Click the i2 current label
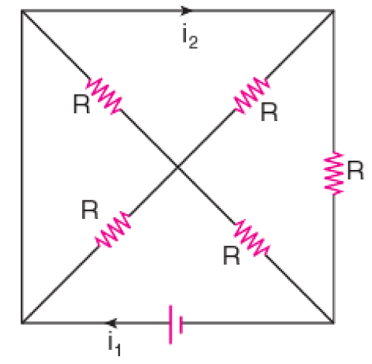[x=190, y=36]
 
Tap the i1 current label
[x=115, y=343]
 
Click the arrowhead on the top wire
[x=187, y=11]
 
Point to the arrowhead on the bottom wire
[x=111, y=323]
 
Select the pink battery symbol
[x=176, y=324]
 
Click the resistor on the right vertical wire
[x=334, y=173]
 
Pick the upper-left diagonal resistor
[x=104, y=95]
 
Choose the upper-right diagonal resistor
[x=252, y=95]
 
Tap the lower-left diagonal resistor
[x=113, y=230]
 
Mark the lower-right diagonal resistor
[x=252, y=237]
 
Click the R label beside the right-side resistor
[x=356, y=170]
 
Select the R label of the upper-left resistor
[x=81, y=104]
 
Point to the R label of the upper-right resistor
[x=269, y=112]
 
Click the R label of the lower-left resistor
[x=90, y=210]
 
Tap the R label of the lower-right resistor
[x=231, y=255]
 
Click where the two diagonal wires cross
[x=178, y=168]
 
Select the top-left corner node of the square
[x=22, y=11]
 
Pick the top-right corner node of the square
[x=333, y=11]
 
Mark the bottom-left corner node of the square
[x=22, y=323]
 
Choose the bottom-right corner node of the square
[x=333, y=323]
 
